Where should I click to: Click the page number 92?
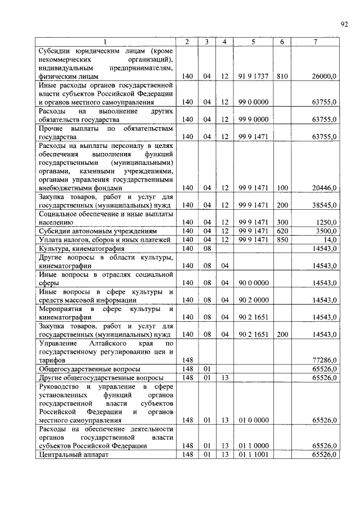coord(344,23)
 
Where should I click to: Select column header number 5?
coord(253,42)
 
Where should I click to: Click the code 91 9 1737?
coord(253,75)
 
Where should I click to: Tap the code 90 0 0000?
coord(253,282)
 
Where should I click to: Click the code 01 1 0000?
coord(253,445)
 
